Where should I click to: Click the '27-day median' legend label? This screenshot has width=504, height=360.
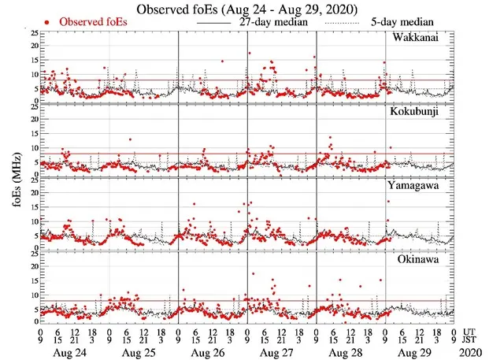[272, 23]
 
